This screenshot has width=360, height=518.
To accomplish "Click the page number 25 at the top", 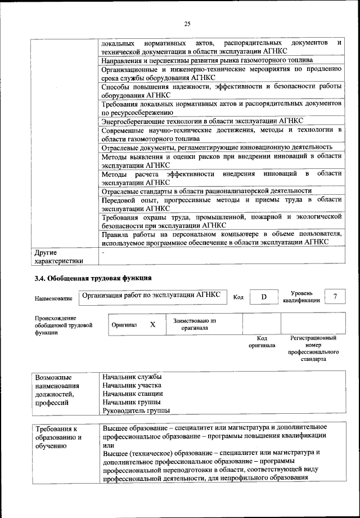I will [187, 23].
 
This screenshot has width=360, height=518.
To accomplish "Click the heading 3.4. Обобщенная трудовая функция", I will [93, 278].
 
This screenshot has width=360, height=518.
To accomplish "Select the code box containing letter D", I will [263, 297].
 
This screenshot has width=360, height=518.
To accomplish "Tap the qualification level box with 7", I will [335, 297].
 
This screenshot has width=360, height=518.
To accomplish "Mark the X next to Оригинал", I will [152, 325].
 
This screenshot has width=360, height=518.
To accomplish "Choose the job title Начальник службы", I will [132, 376].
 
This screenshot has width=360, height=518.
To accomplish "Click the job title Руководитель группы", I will [136, 411].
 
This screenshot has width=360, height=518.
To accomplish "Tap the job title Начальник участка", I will [133, 385].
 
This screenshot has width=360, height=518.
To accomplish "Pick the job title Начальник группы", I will [132, 402].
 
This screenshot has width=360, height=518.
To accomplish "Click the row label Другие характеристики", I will [58, 256].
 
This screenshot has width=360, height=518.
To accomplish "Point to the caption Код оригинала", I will [262, 342].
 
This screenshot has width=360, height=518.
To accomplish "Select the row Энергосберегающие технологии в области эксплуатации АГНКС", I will [202, 121].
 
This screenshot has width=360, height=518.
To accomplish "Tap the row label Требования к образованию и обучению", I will [59, 437].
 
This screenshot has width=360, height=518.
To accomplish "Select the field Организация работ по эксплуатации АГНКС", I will [150, 294].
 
